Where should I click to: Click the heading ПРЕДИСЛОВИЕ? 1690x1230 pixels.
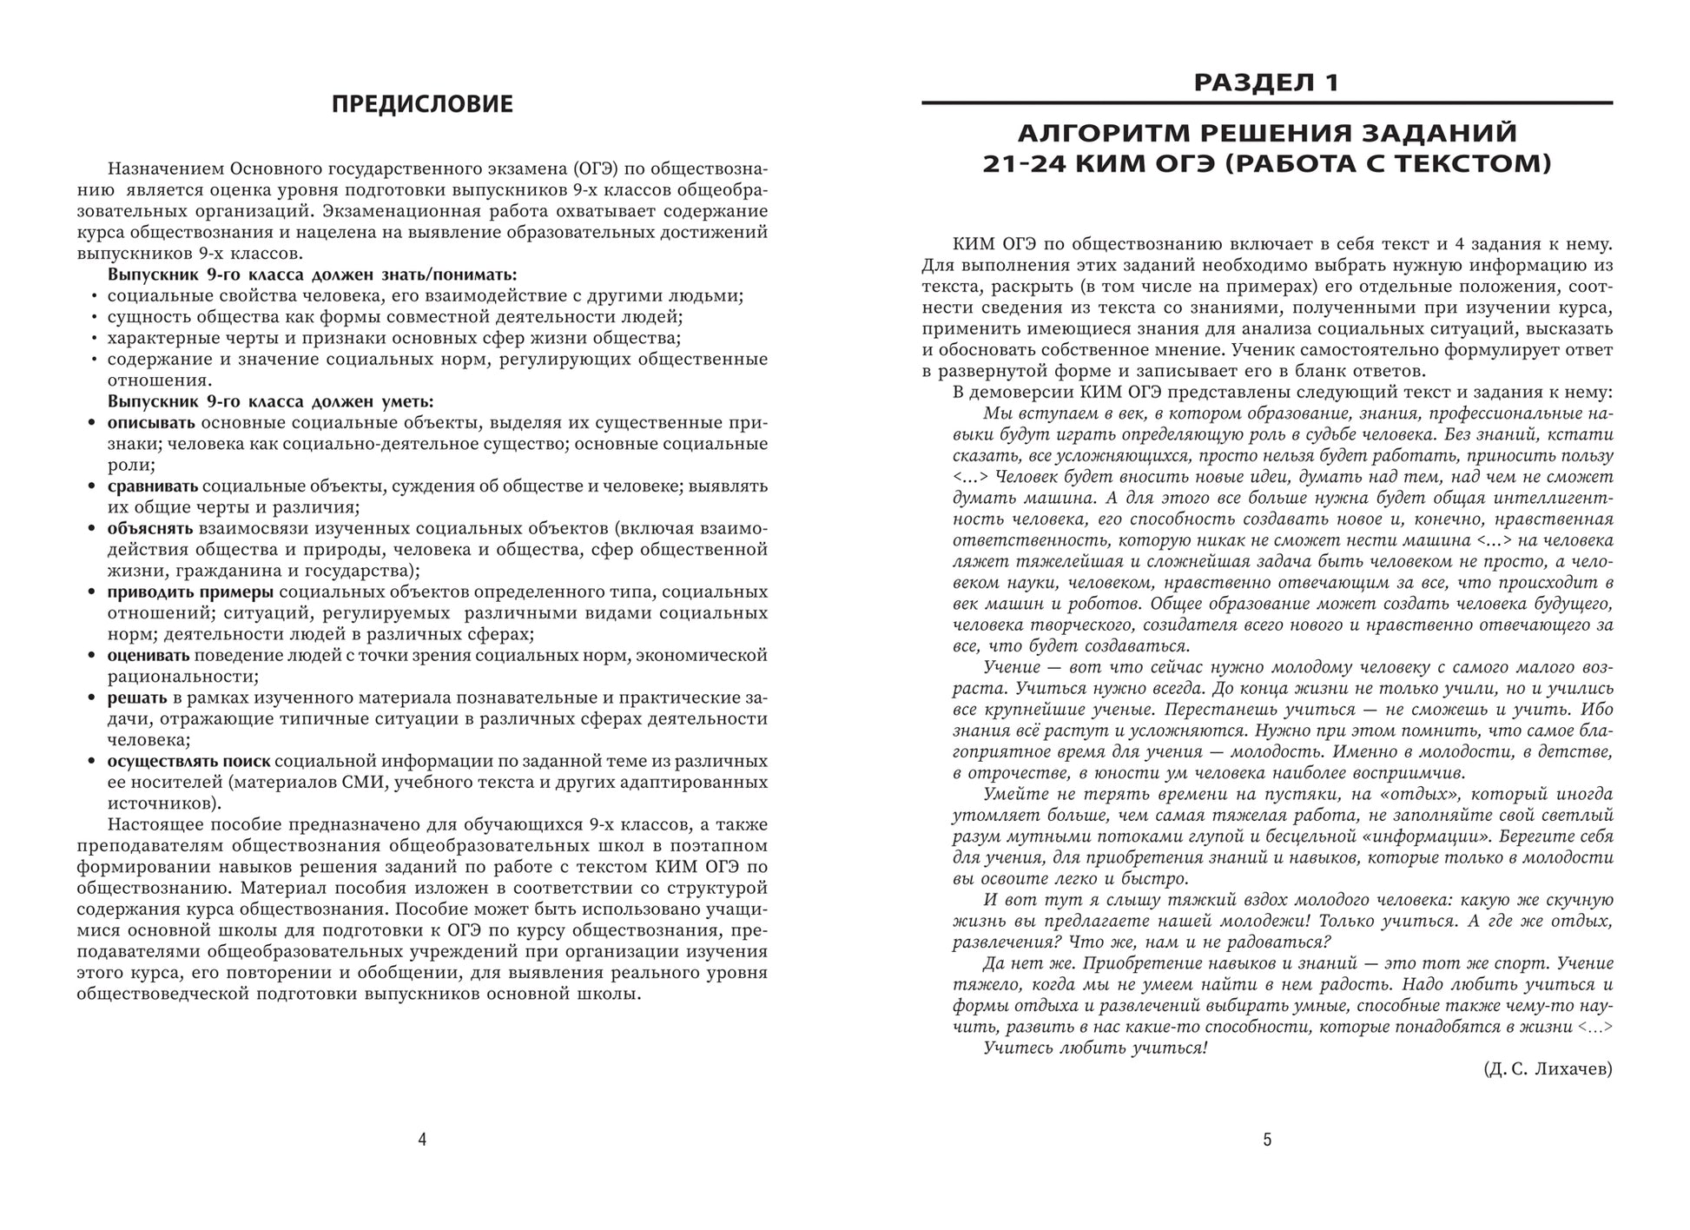coord(422,104)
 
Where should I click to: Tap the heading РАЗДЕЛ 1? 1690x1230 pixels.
coord(1266,83)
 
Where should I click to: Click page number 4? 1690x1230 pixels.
coord(422,1140)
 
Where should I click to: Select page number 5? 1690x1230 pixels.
coord(1267,1140)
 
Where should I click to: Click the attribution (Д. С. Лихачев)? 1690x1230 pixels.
coord(1548,1069)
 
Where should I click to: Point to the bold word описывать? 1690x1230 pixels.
coord(151,423)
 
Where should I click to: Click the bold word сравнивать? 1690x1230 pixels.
coord(153,486)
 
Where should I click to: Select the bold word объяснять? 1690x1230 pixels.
coord(150,528)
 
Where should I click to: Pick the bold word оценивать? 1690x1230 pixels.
coord(149,655)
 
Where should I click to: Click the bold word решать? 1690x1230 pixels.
coord(137,698)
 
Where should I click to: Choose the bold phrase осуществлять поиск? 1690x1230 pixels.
coord(188,761)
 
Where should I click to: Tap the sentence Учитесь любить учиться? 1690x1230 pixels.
coord(1095,1048)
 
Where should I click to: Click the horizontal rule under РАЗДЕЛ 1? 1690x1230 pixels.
coord(1266,103)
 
